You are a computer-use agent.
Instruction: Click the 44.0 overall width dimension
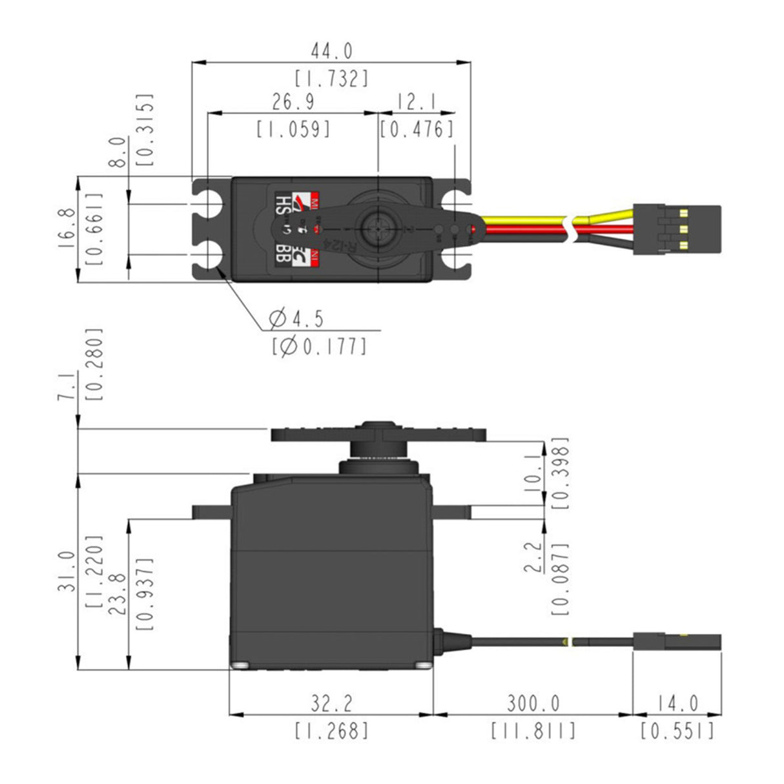click(x=332, y=50)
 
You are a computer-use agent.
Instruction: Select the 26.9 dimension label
click(x=293, y=102)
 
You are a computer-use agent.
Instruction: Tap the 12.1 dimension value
click(x=417, y=102)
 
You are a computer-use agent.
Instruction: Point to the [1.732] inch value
click(x=332, y=79)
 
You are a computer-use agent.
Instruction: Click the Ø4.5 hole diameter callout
click(x=296, y=318)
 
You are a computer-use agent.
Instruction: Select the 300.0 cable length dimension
click(x=533, y=703)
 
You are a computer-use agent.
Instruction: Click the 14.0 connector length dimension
click(x=677, y=703)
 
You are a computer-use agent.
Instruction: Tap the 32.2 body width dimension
click(x=331, y=703)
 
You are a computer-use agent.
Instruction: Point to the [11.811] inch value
click(x=533, y=731)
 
